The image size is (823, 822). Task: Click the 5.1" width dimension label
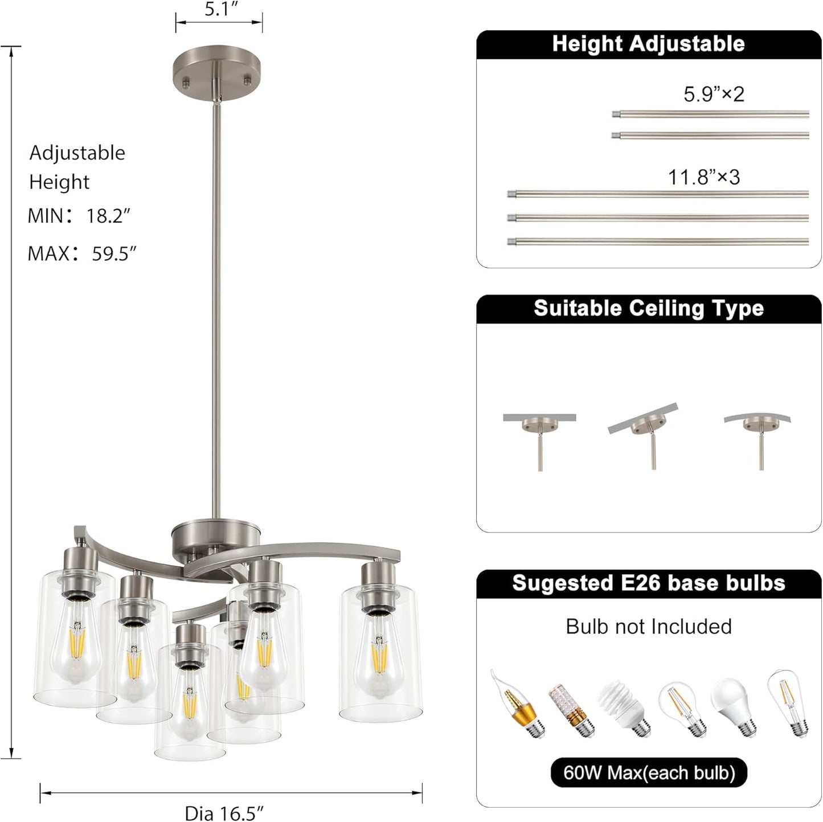pyautogui.click(x=220, y=9)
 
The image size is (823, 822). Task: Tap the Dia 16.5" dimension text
pyautogui.click(x=224, y=813)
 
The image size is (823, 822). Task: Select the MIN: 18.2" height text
pyautogui.click(x=79, y=216)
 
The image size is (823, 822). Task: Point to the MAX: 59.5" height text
pyautogui.click(x=82, y=253)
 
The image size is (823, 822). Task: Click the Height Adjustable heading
pyautogui.click(x=648, y=44)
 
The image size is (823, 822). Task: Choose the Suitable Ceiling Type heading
pyautogui.click(x=648, y=308)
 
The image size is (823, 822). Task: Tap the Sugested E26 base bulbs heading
pyautogui.click(x=648, y=583)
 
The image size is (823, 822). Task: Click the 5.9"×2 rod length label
pyautogui.click(x=714, y=94)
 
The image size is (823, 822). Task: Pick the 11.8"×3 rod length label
pyautogui.click(x=704, y=177)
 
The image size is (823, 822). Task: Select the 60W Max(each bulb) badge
pyautogui.click(x=649, y=772)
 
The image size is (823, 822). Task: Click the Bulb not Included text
pyautogui.click(x=648, y=627)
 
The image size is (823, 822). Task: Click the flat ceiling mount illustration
pyautogui.click(x=539, y=436)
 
